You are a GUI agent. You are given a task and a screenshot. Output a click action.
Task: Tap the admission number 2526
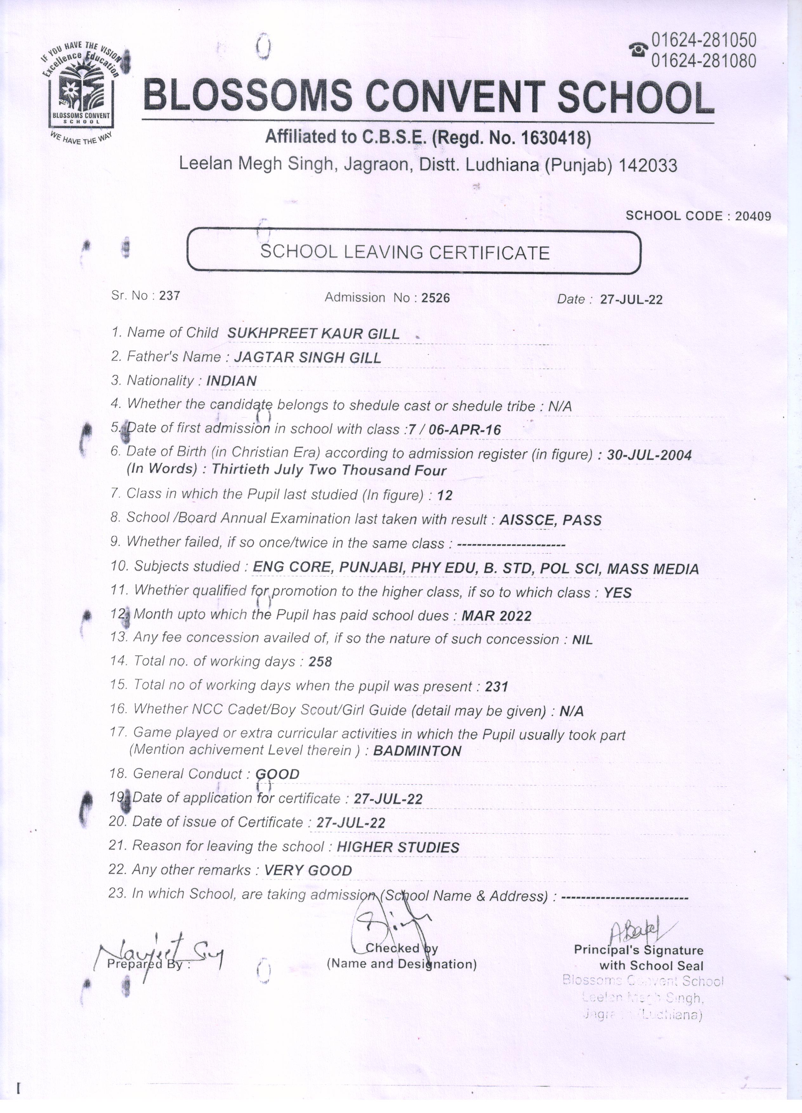click(x=436, y=298)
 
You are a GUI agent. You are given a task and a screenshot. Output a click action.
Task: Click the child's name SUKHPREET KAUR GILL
click(x=313, y=334)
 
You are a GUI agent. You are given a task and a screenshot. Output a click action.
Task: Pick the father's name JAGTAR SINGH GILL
click(x=307, y=358)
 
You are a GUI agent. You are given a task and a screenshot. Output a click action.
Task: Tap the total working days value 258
click(x=320, y=662)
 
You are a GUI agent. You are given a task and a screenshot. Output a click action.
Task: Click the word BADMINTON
click(x=417, y=751)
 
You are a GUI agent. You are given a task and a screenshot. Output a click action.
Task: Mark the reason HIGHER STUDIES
click(x=398, y=847)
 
